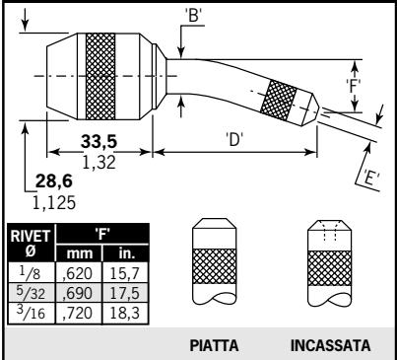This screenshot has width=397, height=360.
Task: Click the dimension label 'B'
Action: tap(193, 15)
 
